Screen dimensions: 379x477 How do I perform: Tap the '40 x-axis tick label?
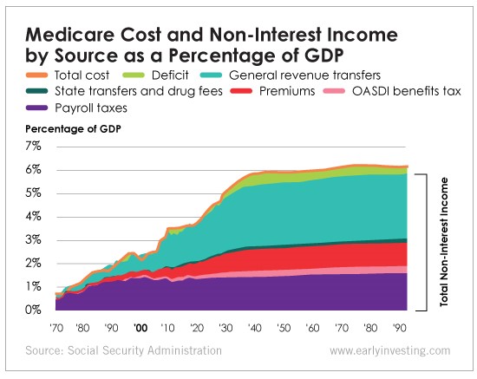coord(258,329)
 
